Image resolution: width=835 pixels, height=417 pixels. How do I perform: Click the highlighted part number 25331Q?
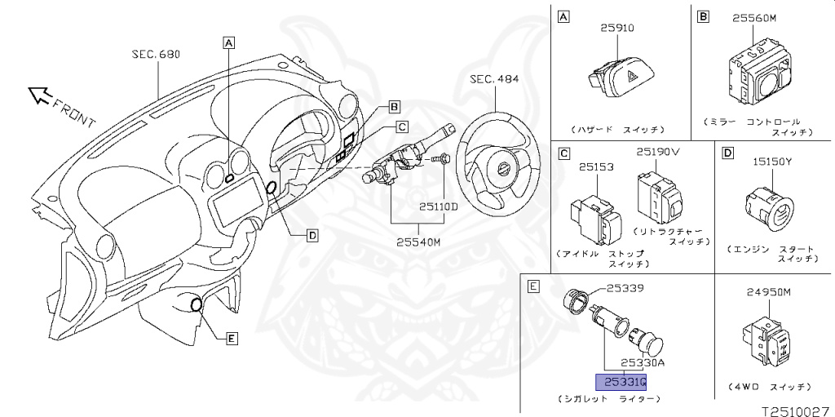click(621, 382)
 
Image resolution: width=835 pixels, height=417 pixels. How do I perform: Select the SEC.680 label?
click(155, 55)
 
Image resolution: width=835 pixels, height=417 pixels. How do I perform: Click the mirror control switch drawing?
click(756, 78)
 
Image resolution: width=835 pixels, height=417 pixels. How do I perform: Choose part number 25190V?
click(658, 152)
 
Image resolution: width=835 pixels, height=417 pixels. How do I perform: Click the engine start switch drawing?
click(767, 207)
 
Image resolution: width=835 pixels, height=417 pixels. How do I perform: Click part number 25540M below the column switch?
click(418, 242)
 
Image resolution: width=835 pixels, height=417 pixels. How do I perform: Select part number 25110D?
click(439, 206)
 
